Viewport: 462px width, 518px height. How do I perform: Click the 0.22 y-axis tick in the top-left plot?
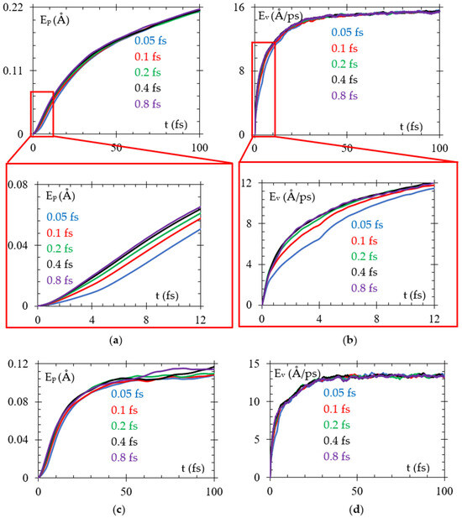point(13,7)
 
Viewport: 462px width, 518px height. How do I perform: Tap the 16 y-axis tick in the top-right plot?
point(240,7)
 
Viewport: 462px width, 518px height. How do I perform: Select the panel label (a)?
point(115,340)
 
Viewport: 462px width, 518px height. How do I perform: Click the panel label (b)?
point(349,340)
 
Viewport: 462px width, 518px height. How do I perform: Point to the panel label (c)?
point(119,510)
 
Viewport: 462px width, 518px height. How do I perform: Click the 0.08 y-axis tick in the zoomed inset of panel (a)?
point(18,184)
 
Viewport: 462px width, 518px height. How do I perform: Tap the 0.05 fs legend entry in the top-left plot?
point(150,40)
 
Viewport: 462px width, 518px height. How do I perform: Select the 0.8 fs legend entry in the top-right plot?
point(344,96)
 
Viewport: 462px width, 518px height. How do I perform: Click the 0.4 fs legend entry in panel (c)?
point(124,442)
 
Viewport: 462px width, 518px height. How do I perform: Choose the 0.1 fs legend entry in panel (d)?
point(337,409)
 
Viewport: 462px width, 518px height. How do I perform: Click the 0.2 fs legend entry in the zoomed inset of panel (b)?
point(365,256)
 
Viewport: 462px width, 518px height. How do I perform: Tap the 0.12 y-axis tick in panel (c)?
point(18,364)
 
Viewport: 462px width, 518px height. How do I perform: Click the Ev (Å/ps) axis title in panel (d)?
point(297,374)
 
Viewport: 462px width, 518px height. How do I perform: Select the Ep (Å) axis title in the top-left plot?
point(55,19)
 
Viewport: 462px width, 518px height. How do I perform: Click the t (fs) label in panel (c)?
point(193,468)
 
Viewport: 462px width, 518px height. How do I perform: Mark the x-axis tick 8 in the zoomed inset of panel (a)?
point(146,320)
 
